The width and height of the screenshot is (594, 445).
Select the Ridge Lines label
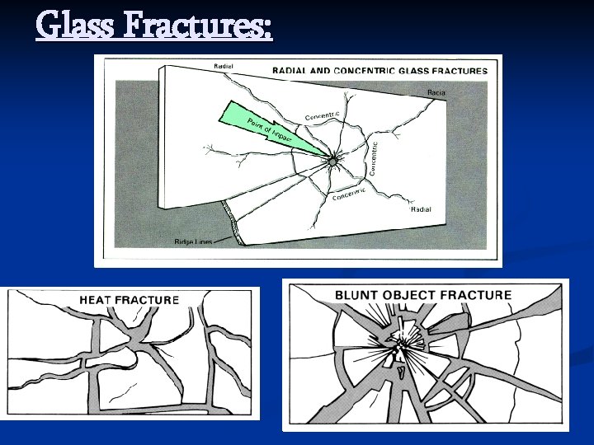pyautogui.click(x=193, y=241)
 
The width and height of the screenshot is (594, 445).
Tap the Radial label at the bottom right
pyautogui.click(x=421, y=209)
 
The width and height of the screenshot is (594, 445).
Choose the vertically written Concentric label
pyautogui.click(x=373, y=157)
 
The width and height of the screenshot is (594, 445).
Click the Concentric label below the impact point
pyautogui.click(x=349, y=195)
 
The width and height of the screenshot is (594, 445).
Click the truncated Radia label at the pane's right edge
pyautogui.click(x=436, y=93)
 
